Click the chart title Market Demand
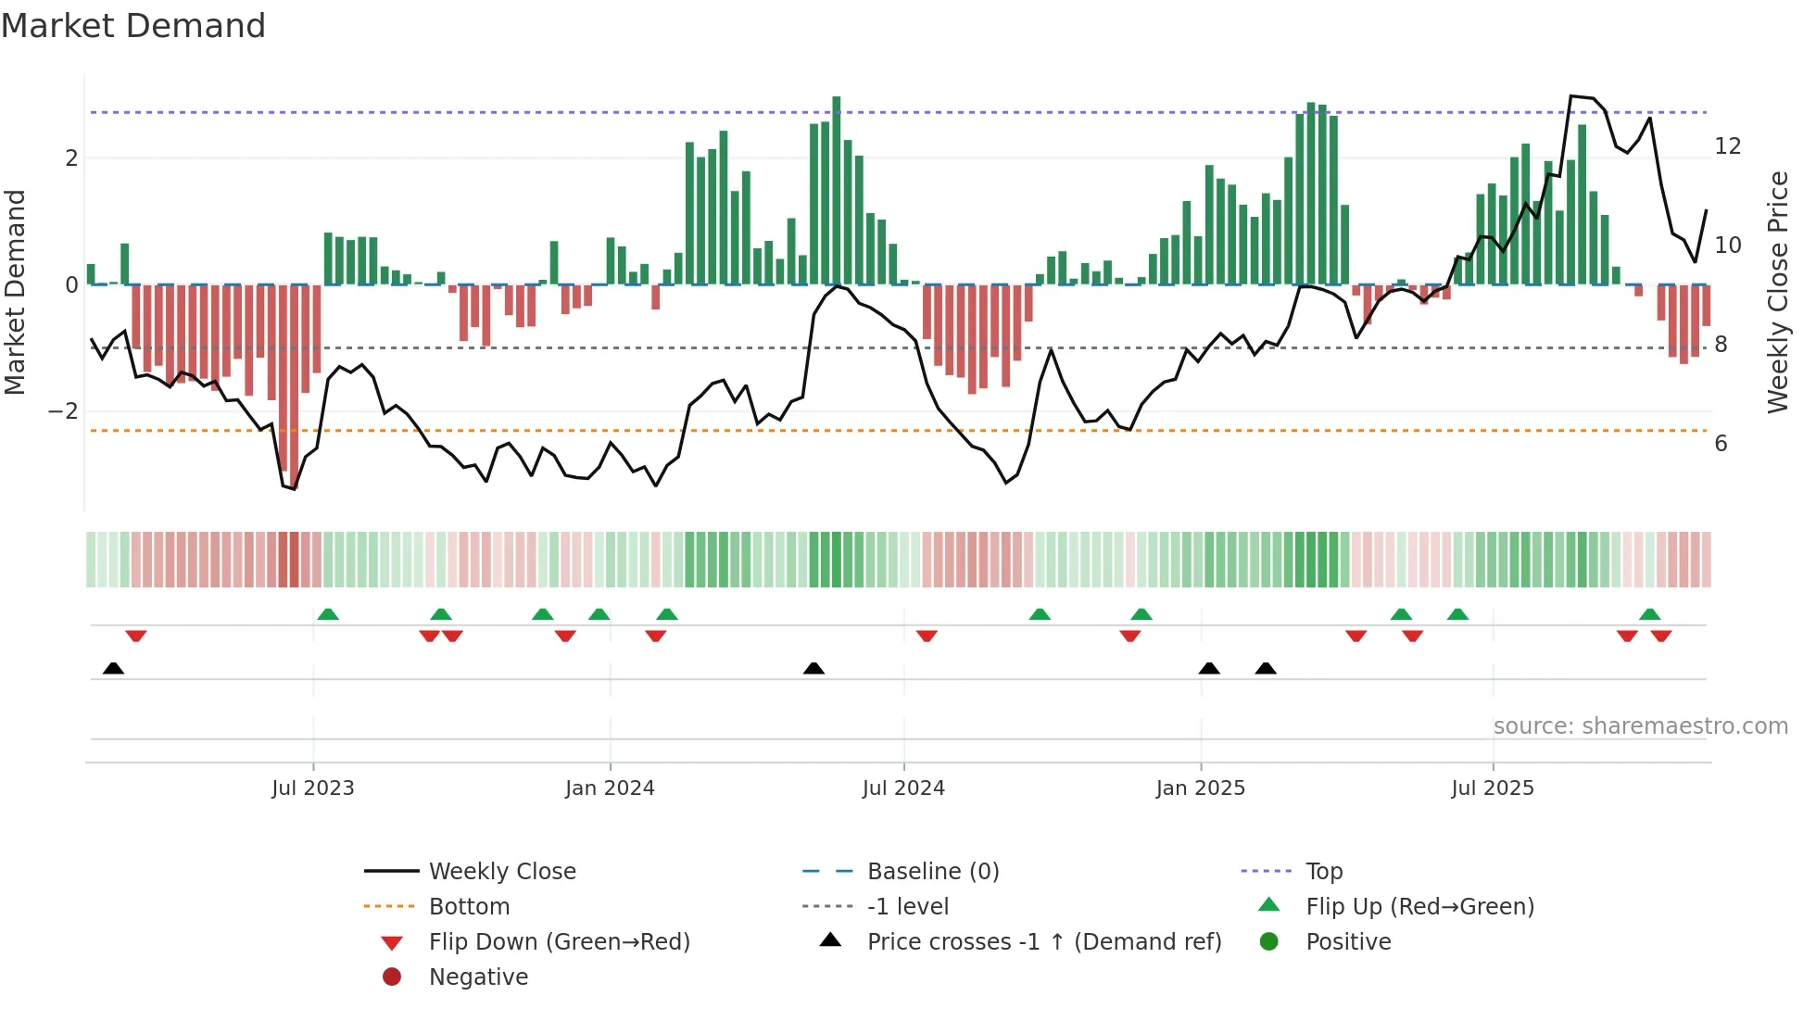(x=133, y=26)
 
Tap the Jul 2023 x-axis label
(x=312, y=788)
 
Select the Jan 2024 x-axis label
(x=610, y=788)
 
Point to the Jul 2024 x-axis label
(x=903, y=788)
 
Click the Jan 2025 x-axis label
(x=1201, y=788)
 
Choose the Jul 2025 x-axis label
(x=1493, y=788)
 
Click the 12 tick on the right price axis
(x=1727, y=146)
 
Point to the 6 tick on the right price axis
(x=1721, y=444)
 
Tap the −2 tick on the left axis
(x=63, y=411)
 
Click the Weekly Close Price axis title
(x=1777, y=292)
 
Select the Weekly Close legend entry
(x=501, y=872)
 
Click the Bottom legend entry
(x=469, y=907)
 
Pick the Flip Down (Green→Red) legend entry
(x=559, y=942)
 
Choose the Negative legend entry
(x=478, y=977)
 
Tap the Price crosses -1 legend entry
(x=1043, y=942)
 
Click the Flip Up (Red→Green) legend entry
(x=1419, y=907)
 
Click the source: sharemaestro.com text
(x=1640, y=726)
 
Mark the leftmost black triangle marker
(x=113, y=668)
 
